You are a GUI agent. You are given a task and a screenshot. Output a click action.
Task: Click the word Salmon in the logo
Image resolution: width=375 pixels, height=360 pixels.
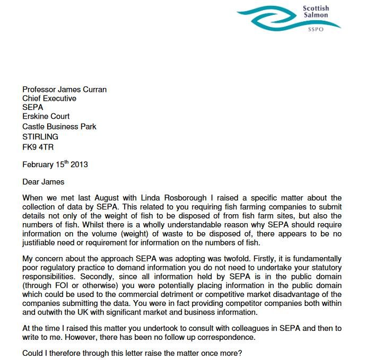click(x=316, y=15)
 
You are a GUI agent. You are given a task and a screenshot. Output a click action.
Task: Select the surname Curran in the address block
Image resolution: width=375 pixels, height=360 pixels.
click(x=92, y=89)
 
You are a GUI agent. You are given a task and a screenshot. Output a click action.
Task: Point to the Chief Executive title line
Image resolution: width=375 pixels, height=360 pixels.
click(x=49, y=98)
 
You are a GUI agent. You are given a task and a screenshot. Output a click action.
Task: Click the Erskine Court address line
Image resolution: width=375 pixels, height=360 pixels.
click(x=46, y=117)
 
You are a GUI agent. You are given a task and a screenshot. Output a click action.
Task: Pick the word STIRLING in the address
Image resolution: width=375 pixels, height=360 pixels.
click(x=40, y=136)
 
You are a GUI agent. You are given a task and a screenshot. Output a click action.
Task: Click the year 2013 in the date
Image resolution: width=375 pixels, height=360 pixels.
click(x=78, y=164)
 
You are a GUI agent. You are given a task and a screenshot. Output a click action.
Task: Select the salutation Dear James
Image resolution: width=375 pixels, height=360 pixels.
click(x=43, y=182)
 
